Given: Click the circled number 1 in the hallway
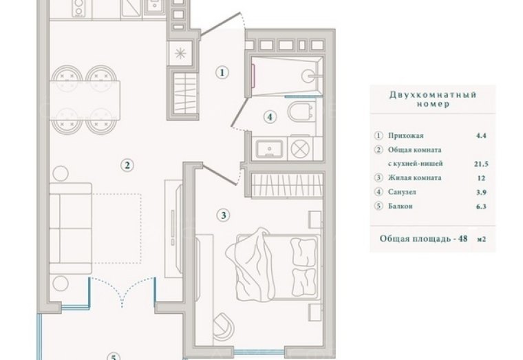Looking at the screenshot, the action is [222, 72].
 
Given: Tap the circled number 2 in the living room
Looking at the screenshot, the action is [127, 165].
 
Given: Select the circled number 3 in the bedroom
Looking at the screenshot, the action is [224, 215].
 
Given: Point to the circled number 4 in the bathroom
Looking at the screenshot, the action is [270, 117].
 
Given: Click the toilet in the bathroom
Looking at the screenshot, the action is [301, 112].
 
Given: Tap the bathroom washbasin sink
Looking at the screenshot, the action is [270, 149].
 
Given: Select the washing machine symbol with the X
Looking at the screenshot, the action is [300, 149].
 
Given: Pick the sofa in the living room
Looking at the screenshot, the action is [70, 229].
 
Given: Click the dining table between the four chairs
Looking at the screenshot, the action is [85, 100].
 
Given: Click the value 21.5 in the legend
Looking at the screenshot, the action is [481, 164].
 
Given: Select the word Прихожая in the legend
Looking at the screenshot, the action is [405, 136].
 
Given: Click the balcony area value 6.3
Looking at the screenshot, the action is [481, 207].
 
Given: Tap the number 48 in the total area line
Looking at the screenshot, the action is [462, 239].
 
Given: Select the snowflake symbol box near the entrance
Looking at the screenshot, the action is [180, 54].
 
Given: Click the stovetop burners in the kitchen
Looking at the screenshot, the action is [78, 8].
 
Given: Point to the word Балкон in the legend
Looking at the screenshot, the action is [401, 207].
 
